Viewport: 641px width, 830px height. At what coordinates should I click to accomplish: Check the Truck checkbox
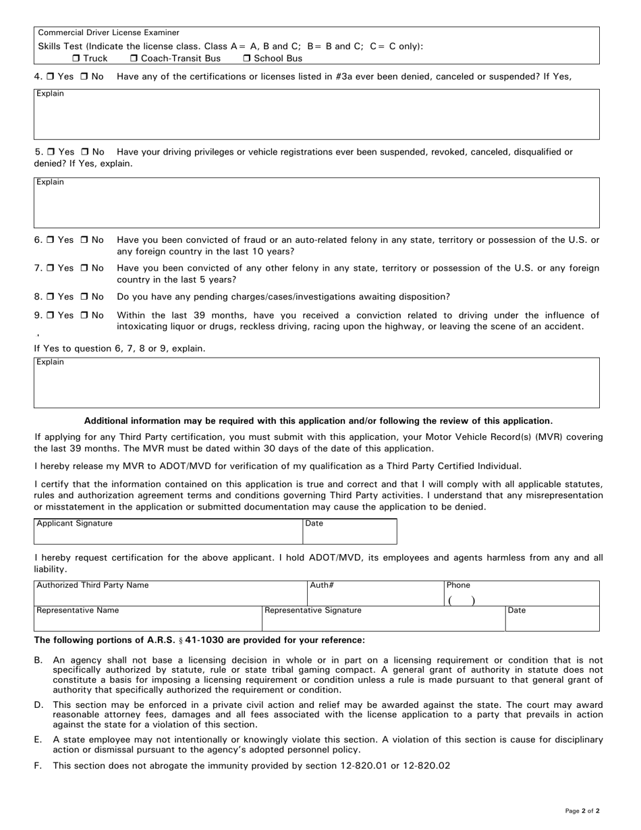(76, 59)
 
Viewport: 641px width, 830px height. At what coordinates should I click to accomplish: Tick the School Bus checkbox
(247, 59)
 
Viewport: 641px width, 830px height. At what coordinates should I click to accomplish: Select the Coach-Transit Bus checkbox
(134, 59)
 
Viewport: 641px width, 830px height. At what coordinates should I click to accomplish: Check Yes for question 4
(51, 77)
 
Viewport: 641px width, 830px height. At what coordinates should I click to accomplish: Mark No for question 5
(85, 153)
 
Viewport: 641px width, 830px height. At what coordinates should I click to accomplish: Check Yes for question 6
(51, 240)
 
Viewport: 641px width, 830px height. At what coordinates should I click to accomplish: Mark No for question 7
(85, 269)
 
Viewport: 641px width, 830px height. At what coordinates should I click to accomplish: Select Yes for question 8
(51, 297)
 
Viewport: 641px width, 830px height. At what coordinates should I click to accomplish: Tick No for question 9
(85, 316)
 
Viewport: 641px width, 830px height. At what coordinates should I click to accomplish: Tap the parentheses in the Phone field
(462, 601)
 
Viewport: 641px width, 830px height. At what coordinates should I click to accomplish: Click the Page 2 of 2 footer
(582, 810)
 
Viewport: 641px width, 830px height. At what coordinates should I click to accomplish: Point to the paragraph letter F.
(38, 766)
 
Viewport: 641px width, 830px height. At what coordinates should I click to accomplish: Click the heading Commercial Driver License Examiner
(109, 32)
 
